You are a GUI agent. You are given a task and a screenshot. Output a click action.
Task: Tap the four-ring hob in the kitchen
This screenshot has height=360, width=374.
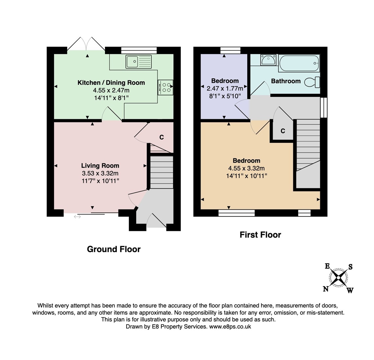[x=165, y=87]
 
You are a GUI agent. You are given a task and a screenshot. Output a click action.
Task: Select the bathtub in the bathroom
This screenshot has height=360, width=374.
[x=299, y=63]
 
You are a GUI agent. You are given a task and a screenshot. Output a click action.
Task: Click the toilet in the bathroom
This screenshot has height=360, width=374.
[x=312, y=82]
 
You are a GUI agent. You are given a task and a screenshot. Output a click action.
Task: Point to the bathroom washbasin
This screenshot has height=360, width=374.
[x=268, y=60]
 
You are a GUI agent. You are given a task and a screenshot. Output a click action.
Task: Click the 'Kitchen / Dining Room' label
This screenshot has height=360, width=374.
[x=111, y=82]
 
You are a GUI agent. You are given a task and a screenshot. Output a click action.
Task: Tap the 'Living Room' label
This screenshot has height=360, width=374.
[x=100, y=166]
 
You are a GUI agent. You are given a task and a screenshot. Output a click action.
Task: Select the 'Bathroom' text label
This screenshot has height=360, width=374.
[x=286, y=81]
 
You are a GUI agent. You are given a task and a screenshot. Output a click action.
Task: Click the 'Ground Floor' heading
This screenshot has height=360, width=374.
[x=114, y=249]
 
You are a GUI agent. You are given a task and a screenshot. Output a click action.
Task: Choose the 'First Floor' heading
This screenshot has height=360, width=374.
[x=260, y=235]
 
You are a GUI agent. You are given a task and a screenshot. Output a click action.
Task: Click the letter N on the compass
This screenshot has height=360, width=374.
[x=326, y=289]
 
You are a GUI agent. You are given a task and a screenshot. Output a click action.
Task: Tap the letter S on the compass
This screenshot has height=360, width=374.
[x=350, y=267]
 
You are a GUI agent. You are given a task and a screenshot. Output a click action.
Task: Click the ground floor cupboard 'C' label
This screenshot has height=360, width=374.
[x=161, y=137]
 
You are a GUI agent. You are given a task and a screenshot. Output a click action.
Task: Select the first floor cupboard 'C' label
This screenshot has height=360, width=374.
[x=283, y=131]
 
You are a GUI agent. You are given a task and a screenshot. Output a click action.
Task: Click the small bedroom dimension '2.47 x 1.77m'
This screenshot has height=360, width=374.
[x=225, y=88]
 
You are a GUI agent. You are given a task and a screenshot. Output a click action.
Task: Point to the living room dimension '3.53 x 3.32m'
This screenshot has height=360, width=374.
[x=100, y=173]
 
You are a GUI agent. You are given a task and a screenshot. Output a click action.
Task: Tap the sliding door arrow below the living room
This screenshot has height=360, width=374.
[x=77, y=216]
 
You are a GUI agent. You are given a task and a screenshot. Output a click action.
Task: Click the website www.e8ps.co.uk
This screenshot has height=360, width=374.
[x=230, y=326]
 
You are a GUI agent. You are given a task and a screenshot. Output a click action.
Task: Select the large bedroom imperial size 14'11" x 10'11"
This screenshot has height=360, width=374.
[x=246, y=176]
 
